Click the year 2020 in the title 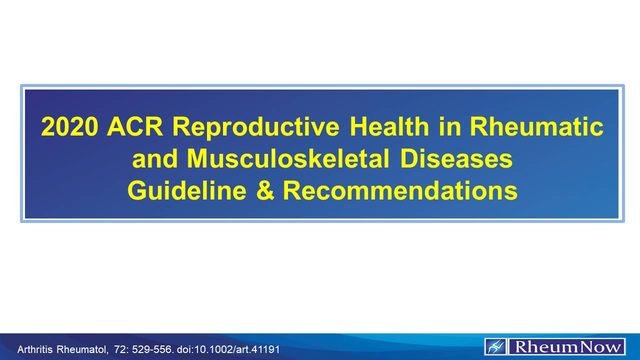point(69,127)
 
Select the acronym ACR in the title point(135,127)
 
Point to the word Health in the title point(389,127)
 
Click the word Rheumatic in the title point(536,127)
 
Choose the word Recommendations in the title point(400,190)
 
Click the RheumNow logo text point(566,346)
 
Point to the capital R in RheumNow point(520,346)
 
